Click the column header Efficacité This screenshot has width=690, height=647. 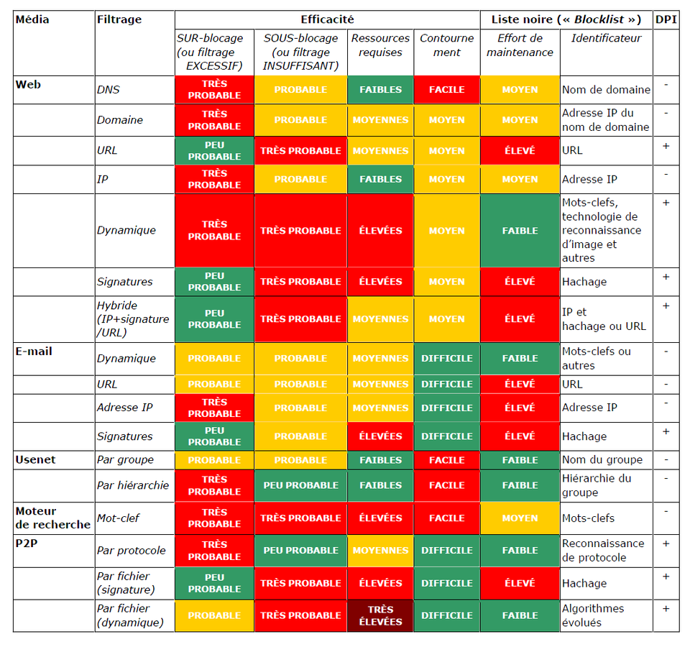(x=327, y=19)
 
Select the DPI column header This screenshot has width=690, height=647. (x=666, y=19)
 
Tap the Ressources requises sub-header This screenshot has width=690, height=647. (x=380, y=45)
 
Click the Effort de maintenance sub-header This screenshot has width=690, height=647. (x=520, y=45)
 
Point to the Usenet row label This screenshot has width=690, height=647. (x=35, y=459)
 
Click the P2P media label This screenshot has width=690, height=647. (x=26, y=543)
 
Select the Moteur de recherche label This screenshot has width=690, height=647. (x=52, y=518)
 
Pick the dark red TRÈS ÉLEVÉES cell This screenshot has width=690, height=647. (x=380, y=615)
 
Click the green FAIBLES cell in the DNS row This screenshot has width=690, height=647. (x=380, y=90)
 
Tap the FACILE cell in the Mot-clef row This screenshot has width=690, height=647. (x=446, y=518)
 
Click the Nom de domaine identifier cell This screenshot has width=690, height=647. (x=606, y=90)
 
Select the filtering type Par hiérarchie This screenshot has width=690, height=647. (x=133, y=485)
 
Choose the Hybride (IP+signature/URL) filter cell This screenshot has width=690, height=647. (x=133, y=318)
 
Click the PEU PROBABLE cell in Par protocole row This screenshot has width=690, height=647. (x=300, y=550)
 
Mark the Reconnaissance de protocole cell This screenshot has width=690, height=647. (x=602, y=550)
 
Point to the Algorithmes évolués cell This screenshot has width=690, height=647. (x=593, y=615)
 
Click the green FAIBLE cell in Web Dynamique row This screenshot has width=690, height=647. (x=520, y=231)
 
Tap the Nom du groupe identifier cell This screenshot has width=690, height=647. (x=602, y=459)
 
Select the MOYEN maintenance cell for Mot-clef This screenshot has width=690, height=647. (x=520, y=518)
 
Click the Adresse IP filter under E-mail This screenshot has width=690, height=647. (x=125, y=408)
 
